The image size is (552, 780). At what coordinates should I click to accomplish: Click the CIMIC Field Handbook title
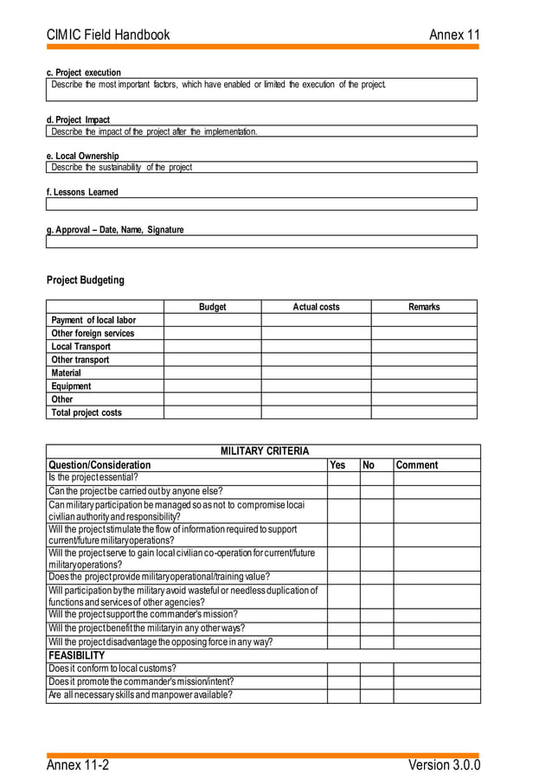pyautogui.click(x=108, y=35)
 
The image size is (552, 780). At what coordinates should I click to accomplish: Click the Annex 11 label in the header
pyautogui.click(x=454, y=35)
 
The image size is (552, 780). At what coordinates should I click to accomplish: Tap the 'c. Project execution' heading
pyautogui.click(x=84, y=73)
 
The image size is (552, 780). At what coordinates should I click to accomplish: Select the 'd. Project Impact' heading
pyautogui.click(x=78, y=119)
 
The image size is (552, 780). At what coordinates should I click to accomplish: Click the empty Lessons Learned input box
pyautogui.click(x=261, y=204)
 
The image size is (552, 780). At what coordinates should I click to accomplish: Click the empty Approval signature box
pyautogui.click(x=261, y=241)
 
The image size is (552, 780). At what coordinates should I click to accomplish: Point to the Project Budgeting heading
pyautogui.click(x=85, y=280)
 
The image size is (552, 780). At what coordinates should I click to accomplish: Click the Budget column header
pyautogui.click(x=212, y=307)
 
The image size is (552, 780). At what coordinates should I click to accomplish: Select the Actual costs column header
pyautogui.click(x=316, y=307)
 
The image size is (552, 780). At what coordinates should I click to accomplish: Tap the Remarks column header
pyautogui.click(x=424, y=307)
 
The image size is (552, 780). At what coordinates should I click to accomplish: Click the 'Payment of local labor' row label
pyautogui.click(x=93, y=320)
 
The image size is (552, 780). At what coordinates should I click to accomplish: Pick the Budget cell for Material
pyautogui.click(x=212, y=373)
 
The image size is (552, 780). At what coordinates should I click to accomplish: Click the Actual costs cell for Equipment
pyautogui.click(x=316, y=387)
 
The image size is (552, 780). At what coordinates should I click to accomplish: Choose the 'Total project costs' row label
pyautogui.click(x=87, y=412)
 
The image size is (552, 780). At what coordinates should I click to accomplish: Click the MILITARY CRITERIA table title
pyautogui.click(x=264, y=451)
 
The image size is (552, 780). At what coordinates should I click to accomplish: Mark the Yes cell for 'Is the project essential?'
pyautogui.click(x=343, y=477)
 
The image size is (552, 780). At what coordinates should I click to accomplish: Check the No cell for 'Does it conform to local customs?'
pyautogui.click(x=376, y=669)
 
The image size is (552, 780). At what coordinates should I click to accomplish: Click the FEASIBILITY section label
pyautogui.click(x=76, y=655)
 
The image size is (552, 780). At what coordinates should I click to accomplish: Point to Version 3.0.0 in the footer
pyautogui.click(x=444, y=765)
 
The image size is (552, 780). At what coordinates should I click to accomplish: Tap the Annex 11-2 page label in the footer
pyautogui.click(x=78, y=765)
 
